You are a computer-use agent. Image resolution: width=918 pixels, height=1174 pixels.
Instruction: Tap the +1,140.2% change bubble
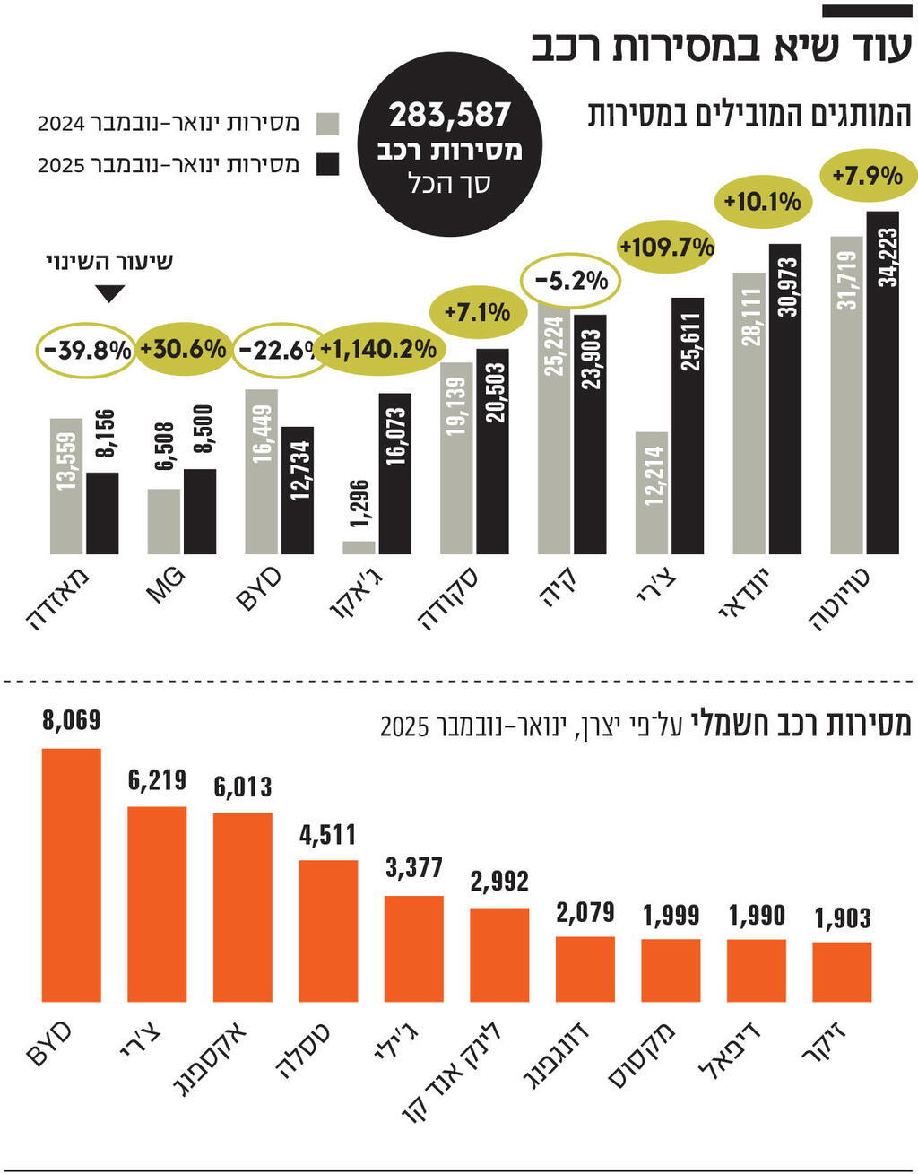coord(378,349)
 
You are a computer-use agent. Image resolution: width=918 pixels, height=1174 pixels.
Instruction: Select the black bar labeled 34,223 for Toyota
coord(882,383)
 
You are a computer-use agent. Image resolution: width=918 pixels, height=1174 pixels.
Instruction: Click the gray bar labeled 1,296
coord(359,547)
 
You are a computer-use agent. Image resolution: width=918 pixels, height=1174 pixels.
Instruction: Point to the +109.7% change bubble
coord(666,247)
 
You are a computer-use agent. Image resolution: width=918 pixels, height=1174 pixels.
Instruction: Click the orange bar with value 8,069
coord(72,874)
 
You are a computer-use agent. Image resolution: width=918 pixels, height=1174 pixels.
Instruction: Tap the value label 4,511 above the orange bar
coord(328,835)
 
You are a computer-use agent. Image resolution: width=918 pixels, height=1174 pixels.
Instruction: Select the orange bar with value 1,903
coord(842,971)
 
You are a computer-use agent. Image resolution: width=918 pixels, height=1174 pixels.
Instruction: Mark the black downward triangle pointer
coord(109,293)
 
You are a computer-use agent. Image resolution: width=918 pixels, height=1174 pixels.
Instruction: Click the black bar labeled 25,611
coord(688,426)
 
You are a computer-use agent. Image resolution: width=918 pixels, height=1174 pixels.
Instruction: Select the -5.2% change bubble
coord(571,281)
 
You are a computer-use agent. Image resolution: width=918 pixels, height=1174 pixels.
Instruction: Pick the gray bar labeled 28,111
coord(749,413)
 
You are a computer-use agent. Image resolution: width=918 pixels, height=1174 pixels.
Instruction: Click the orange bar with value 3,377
coord(413,948)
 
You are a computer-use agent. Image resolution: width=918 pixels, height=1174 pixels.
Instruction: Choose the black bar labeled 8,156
coord(102,513)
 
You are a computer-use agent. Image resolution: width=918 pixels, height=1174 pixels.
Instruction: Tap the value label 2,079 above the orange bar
coord(585,913)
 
